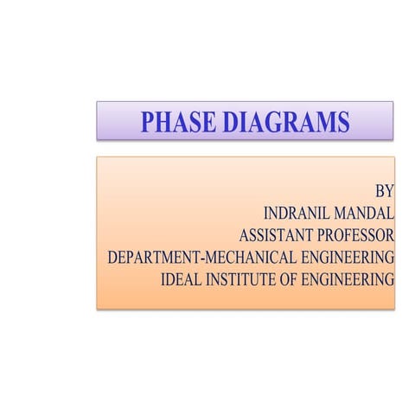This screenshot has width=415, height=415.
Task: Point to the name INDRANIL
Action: [x=298, y=212]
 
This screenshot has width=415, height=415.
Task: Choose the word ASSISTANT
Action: [x=278, y=234]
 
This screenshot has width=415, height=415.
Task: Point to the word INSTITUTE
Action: [x=243, y=279]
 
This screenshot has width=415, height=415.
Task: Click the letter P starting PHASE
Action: [x=149, y=122]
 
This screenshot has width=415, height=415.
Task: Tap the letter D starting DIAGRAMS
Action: [x=229, y=122]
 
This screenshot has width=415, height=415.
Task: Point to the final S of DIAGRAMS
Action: [x=343, y=122]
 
